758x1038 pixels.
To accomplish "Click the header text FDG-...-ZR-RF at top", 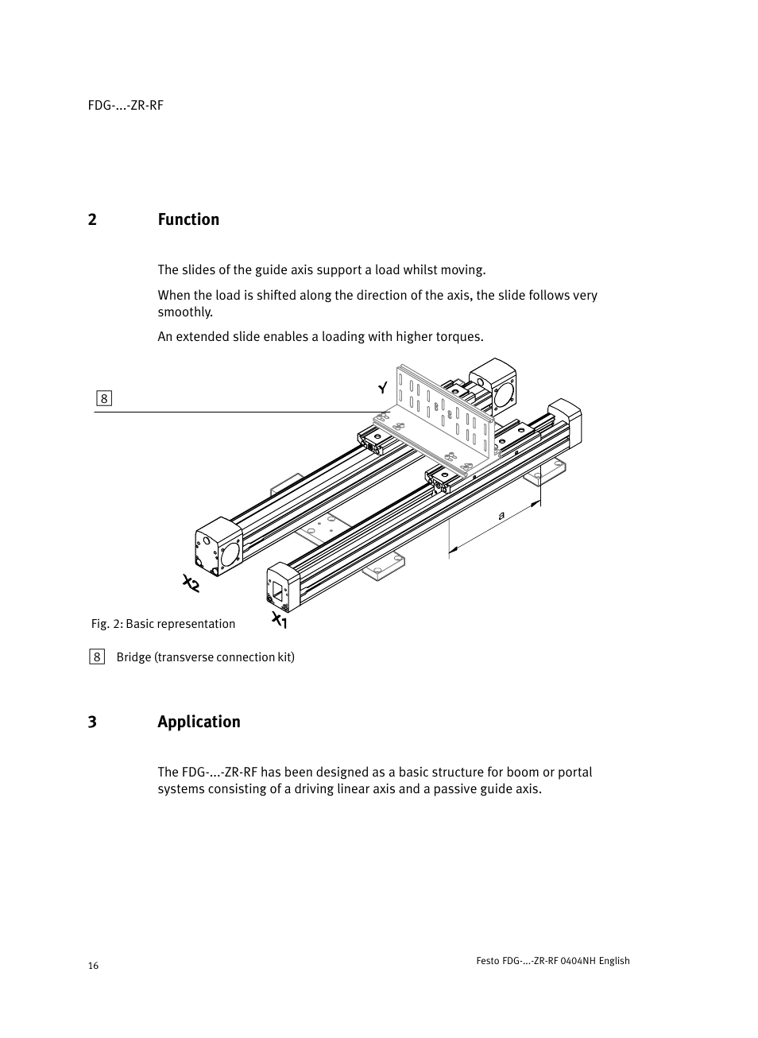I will tap(126, 106).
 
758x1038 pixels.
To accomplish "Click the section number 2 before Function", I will tap(92, 219).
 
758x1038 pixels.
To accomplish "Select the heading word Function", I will tap(188, 219).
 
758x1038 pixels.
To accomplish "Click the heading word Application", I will tap(199, 722).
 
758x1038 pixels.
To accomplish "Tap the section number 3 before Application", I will tap(92, 722).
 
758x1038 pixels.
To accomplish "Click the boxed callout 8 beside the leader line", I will tap(103, 398).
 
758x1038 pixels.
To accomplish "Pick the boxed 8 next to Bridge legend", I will tap(97, 656).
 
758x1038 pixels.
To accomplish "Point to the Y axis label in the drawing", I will tap(383, 388).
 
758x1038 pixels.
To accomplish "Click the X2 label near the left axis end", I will tap(191, 584).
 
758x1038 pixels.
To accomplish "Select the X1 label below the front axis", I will tap(279, 620).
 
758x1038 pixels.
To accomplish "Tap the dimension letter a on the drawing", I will tap(501, 516).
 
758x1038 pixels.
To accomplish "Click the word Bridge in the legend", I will tap(133, 657).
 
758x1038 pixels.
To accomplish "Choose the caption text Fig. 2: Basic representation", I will tap(163, 624).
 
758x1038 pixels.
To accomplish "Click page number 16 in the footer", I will tap(93, 966).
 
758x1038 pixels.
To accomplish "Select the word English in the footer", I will tap(614, 961).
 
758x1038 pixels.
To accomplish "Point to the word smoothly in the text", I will tap(184, 312).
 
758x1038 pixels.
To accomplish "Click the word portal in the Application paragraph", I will tap(574, 773).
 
